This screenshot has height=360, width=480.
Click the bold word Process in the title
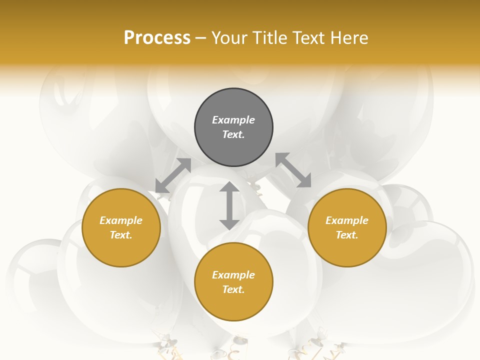(x=157, y=38)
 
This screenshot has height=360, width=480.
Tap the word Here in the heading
(x=348, y=38)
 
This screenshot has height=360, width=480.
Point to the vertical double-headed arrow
(x=229, y=205)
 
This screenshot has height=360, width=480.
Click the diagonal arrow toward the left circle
(x=173, y=175)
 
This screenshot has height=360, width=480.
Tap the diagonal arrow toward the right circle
(x=293, y=170)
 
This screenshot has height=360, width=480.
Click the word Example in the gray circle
(x=233, y=120)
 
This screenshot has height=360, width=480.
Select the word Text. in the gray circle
(x=233, y=134)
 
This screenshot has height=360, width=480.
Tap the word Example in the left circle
(x=121, y=220)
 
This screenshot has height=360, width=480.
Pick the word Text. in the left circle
(x=121, y=235)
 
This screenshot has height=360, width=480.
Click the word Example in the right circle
(x=347, y=220)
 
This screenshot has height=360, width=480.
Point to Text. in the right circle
(x=347, y=235)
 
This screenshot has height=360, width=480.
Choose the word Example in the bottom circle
(x=233, y=275)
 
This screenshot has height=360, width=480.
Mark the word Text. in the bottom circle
(x=233, y=289)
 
